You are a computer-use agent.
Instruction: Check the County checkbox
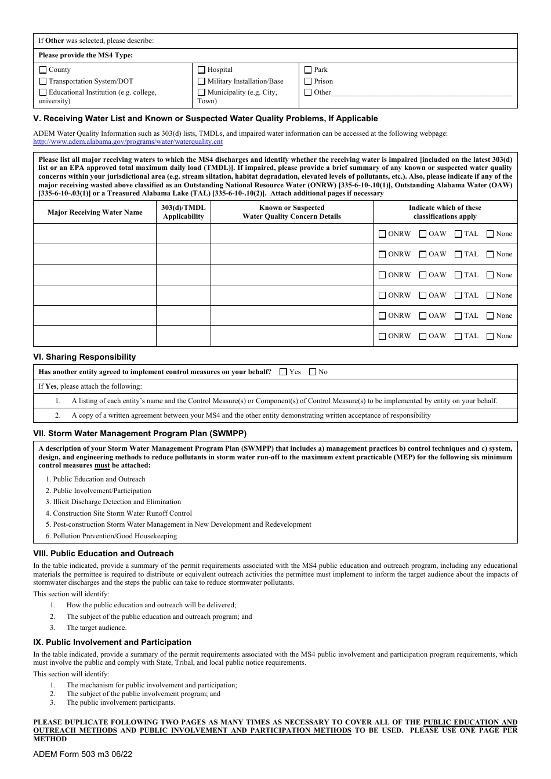[43, 70]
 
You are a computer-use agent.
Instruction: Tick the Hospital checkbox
[202, 70]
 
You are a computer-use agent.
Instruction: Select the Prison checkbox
[309, 82]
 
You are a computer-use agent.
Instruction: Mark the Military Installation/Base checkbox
[202, 82]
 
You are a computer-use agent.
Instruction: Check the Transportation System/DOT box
[43, 82]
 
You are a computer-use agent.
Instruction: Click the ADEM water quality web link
[128, 142]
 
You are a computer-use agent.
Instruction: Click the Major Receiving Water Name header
[95, 212]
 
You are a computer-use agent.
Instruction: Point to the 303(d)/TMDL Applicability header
[183, 212]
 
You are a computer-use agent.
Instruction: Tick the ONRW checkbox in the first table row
[382, 234]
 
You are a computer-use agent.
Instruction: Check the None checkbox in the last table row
[490, 336]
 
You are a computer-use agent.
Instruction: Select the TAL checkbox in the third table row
[458, 276]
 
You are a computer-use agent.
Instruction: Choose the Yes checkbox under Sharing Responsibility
[284, 372]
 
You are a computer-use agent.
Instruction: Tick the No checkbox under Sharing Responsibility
[313, 372]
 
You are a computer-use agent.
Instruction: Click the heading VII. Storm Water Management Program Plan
[140, 434]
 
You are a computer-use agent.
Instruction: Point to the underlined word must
[102, 465]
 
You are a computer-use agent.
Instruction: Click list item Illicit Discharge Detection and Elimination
[117, 502]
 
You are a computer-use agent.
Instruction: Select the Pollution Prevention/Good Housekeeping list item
[115, 536]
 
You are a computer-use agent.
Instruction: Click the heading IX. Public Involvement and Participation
[112, 643]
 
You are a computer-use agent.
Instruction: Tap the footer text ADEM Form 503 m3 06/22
[83, 755]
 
